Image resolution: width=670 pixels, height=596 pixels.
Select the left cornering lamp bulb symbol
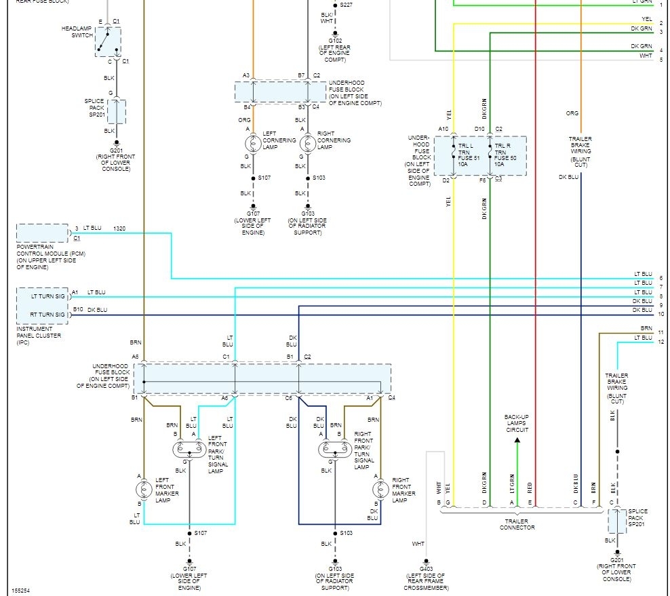pos(252,143)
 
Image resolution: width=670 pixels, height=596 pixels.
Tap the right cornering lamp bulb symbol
pos(308,143)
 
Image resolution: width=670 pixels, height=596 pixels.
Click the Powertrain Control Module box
pos(42,233)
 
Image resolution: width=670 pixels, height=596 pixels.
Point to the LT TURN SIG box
pos(42,296)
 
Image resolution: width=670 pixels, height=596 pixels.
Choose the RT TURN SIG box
pos(42,314)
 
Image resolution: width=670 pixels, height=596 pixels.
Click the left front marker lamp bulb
pos(144,489)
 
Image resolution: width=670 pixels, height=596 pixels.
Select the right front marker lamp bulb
pos(380,489)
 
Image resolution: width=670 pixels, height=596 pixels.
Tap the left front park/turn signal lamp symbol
pos(189,448)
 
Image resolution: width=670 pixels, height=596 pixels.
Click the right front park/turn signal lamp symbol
pos(334,448)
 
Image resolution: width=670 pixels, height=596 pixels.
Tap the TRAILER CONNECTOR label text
pos(517,524)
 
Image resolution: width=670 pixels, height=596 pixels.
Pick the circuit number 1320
pos(119,229)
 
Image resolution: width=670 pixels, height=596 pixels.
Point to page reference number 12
pos(661,342)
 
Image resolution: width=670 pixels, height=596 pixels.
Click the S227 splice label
pos(346,5)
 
